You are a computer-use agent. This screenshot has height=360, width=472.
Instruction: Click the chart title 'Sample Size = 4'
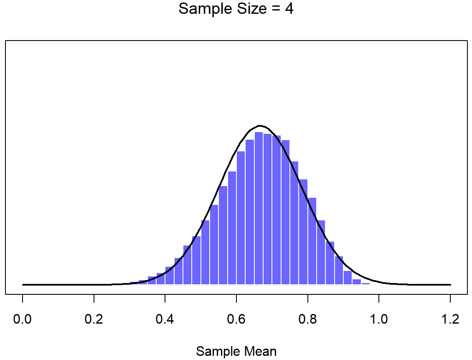click(x=236, y=9)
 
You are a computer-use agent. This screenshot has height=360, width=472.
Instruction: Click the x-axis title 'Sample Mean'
click(x=236, y=351)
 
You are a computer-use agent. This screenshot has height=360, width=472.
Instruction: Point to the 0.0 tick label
click(x=23, y=320)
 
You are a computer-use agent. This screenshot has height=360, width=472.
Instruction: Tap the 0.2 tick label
click(x=94, y=320)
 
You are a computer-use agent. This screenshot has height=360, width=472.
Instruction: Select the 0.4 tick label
click(x=165, y=320)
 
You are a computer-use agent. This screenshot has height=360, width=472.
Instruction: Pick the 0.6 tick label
click(x=236, y=320)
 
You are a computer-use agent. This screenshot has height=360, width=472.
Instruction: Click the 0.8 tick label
click(x=307, y=320)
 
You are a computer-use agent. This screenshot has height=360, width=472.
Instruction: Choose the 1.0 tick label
click(x=379, y=320)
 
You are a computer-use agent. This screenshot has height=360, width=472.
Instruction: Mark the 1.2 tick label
click(x=450, y=320)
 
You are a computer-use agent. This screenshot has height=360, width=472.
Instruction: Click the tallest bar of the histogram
click(x=259, y=209)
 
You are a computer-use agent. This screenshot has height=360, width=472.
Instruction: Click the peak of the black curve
click(x=260, y=125)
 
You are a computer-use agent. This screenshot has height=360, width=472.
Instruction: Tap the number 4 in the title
click(x=289, y=9)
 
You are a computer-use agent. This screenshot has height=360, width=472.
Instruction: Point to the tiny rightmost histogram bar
click(x=365, y=283)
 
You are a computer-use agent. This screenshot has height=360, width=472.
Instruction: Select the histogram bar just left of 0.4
click(x=160, y=279)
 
